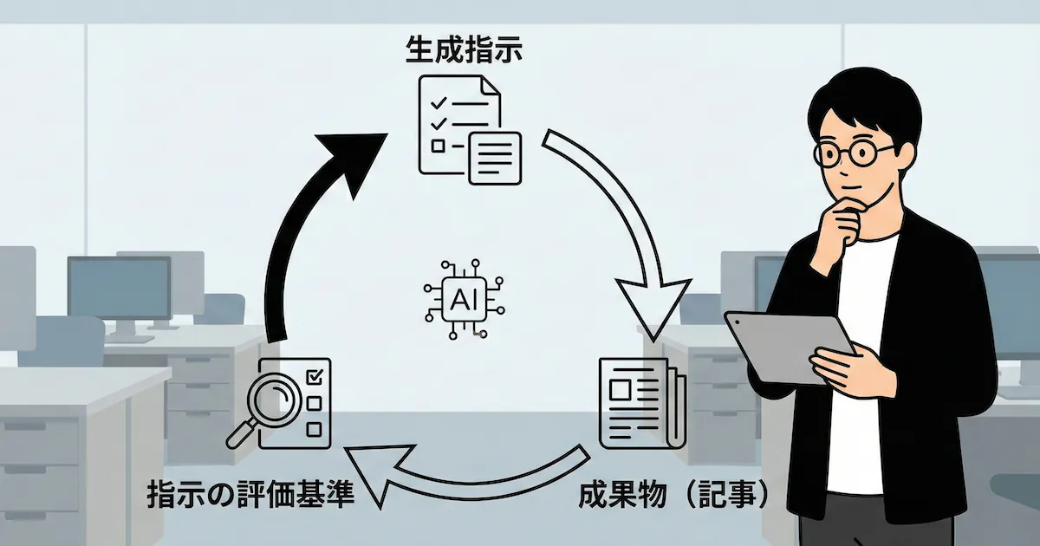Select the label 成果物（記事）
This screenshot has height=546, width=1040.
673,495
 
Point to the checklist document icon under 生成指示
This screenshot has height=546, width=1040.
469,129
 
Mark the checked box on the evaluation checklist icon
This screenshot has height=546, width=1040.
315,376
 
